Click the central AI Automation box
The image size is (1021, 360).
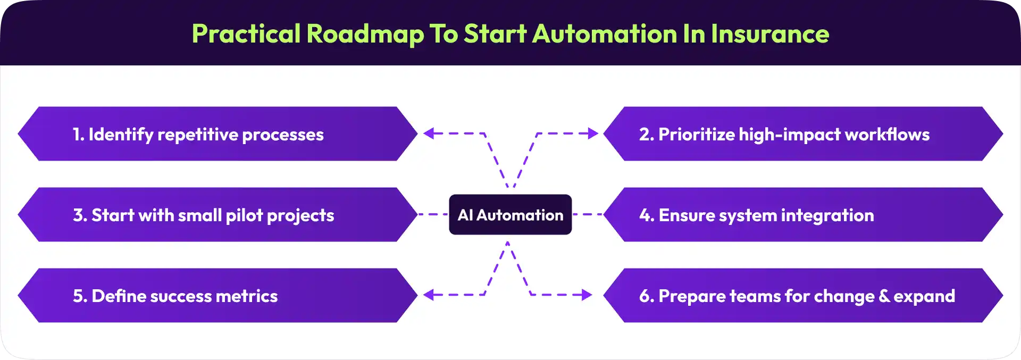pos(510,215)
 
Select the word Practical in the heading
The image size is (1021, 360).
pos(246,34)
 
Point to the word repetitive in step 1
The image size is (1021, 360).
pos(198,135)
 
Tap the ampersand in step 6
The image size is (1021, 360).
pos(884,296)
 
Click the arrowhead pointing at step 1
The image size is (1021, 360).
pos(429,133)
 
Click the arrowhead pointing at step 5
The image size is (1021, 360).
pos(429,295)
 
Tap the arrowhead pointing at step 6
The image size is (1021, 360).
pos(587,295)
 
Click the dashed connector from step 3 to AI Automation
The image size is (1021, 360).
pos(433,214)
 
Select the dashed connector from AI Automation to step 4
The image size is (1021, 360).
pos(588,214)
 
